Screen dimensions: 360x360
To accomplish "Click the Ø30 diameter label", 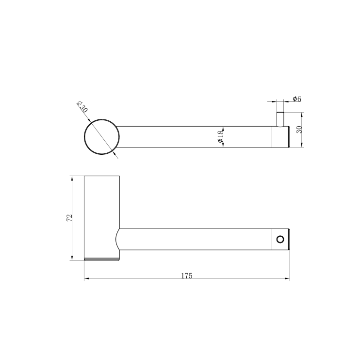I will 82,108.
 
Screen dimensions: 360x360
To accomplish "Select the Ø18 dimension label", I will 220,137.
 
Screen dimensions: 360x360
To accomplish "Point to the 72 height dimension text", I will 69,218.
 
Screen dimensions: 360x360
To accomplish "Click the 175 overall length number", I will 187,276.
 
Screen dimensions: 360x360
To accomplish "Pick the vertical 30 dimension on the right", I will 299,130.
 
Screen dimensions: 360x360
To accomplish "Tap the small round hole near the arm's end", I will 279,239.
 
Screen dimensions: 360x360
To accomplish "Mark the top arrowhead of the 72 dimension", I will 72,178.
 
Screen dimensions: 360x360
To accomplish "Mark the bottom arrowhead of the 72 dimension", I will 72,258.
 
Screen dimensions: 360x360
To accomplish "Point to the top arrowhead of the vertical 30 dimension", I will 302,115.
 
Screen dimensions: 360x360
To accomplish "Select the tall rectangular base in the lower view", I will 102,216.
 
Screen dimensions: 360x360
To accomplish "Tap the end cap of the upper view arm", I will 280,136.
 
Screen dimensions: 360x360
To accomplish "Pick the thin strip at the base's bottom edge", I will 102,259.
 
